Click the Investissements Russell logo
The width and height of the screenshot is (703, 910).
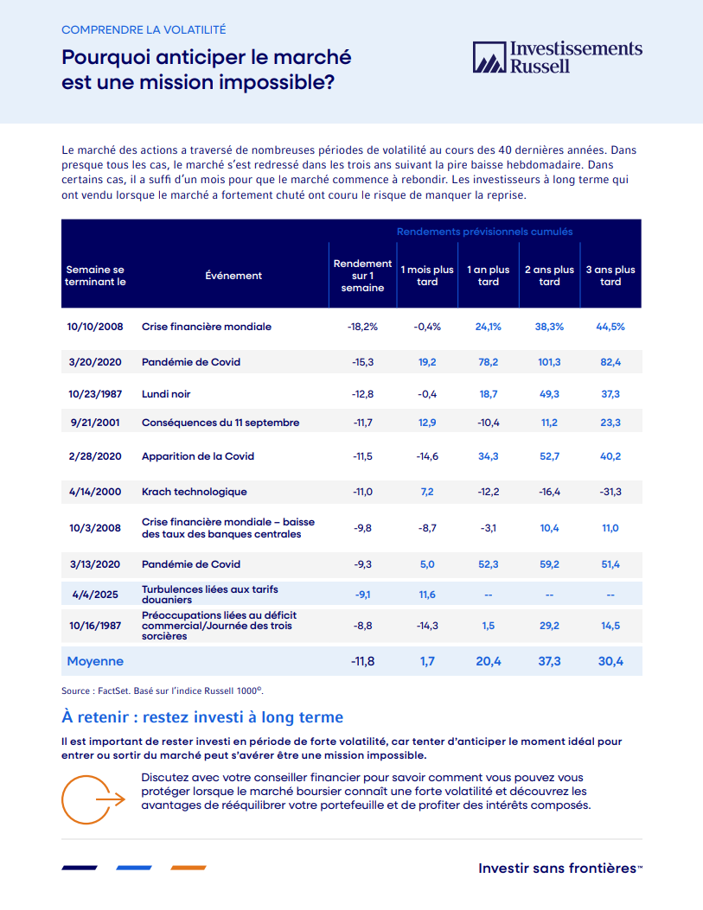(558, 57)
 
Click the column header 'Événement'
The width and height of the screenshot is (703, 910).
(233, 276)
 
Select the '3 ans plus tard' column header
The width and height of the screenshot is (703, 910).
(610, 276)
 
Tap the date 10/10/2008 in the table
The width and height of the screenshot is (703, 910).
(95, 327)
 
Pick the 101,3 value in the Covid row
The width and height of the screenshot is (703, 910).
(549, 362)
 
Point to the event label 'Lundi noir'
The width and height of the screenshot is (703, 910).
(166, 394)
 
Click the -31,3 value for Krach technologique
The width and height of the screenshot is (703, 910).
(610, 492)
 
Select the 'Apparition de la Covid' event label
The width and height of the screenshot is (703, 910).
(198, 456)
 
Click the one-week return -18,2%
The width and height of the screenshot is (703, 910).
(362, 327)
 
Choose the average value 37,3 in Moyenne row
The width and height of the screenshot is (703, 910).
(549, 661)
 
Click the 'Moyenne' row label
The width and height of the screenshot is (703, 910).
(95, 661)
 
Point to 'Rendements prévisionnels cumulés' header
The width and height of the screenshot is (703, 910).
(484, 232)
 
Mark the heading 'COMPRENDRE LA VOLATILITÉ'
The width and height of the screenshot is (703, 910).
(144, 29)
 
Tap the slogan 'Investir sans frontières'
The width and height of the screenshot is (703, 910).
(559, 868)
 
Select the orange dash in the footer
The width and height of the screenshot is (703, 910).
(188, 868)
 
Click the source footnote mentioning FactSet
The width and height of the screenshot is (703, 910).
(162, 691)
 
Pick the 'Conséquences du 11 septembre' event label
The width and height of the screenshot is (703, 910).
(220, 423)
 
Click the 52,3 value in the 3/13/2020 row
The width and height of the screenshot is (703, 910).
(489, 564)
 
